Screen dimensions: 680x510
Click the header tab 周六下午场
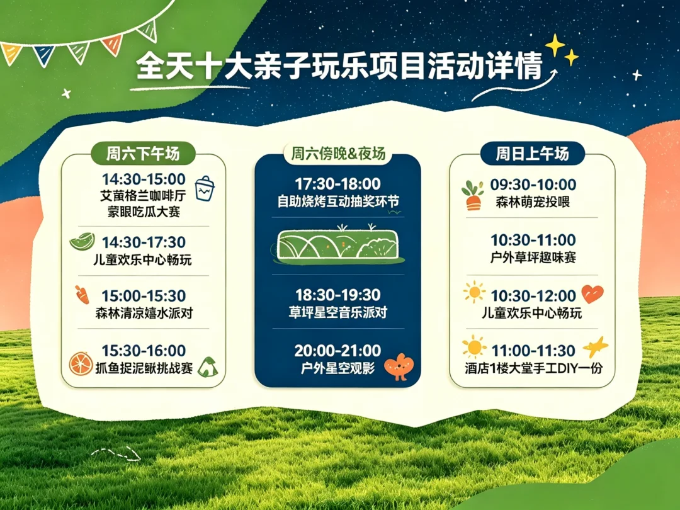(x=143, y=154)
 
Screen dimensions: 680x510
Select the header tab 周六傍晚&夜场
(x=338, y=154)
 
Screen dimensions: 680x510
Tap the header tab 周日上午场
(x=533, y=154)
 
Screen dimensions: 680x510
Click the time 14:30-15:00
(x=144, y=179)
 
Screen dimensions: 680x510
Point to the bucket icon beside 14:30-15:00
(x=205, y=188)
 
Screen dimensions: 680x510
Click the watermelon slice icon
(x=82, y=241)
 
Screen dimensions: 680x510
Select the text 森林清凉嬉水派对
(x=144, y=313)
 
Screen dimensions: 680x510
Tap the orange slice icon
(x=81, y=363)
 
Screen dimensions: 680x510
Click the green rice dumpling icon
(x=208, y=367)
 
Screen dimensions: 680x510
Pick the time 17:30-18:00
(x=338, y=184)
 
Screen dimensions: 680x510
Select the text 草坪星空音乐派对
(x=338, y=313)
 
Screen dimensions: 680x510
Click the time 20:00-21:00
(x=338, y=351)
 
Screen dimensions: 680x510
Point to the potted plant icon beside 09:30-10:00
(x=473, y=195)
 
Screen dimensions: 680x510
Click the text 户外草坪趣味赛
(x=533, y=258)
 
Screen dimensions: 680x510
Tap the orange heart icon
(x=592, y=294)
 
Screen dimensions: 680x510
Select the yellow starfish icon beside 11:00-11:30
(x=596, y=347)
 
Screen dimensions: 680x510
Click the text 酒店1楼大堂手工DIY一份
(x=533, y=368)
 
